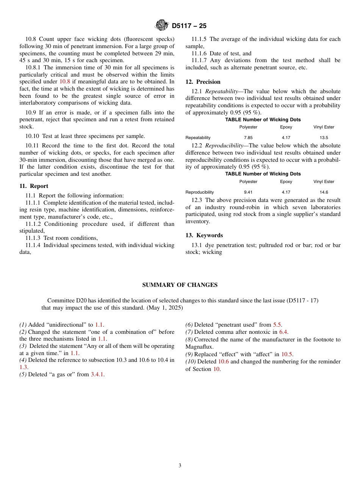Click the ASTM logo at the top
coord(162,25)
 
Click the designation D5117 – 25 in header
coord(189,26)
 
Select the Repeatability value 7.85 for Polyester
coord(248,138)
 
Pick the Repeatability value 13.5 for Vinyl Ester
coord(324,138)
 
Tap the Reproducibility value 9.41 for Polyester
coord(248,192)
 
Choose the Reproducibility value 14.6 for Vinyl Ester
coord(324,192)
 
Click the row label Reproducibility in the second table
coord(199,192)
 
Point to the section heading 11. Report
coord(34,186)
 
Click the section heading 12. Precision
coord(203,82)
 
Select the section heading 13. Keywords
coord(204,235)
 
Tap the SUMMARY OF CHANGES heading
coord(180,285)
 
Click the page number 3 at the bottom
coord(180,466)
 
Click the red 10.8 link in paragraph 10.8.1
coord(64,81)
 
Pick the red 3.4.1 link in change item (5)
coord(97,374)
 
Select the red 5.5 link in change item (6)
coord(277,325)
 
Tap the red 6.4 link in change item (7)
coord(283,332)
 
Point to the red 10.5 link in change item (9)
coord(286,354)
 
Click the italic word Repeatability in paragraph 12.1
coord(224,91)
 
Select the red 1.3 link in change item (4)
coord(23,367)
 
